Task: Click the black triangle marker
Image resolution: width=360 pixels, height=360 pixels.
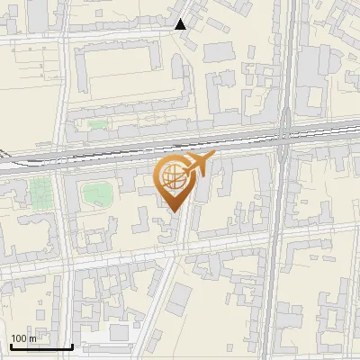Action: click(x=181, y=24)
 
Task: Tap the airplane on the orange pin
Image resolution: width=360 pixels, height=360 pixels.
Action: click(x=197, y=165)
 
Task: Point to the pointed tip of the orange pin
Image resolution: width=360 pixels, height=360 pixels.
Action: click(x=173, y=211)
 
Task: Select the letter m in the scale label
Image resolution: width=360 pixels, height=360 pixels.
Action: click(x=34, y=338)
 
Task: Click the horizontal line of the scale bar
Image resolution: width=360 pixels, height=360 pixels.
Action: click(x=40, y=346)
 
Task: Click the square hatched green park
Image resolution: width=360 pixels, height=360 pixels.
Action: click(x=40, y=191)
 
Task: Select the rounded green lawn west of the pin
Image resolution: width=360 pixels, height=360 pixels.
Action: click(x=95, y=193)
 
